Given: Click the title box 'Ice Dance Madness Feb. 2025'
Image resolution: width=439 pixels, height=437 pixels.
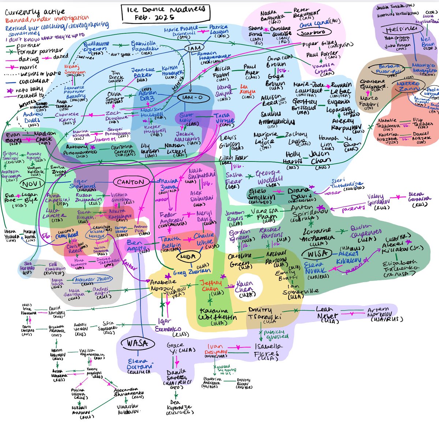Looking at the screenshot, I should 166,14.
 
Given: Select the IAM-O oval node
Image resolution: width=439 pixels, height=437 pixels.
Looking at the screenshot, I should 191,98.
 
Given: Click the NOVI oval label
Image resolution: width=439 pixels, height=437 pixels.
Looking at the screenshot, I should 32,183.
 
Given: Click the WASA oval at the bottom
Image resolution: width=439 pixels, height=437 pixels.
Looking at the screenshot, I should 138,343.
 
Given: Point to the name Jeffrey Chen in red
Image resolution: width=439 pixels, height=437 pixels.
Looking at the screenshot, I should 211,285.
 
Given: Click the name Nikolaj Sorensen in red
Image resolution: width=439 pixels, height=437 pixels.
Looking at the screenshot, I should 75,70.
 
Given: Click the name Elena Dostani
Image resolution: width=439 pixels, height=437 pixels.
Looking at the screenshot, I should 139,366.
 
